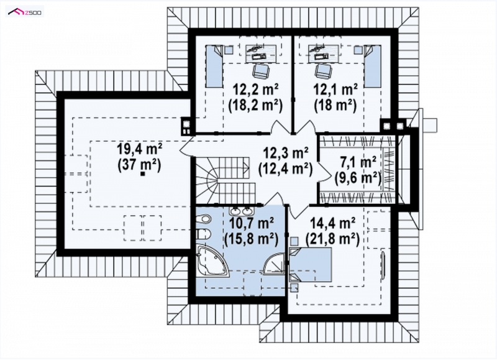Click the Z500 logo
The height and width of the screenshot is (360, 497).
point(24,12)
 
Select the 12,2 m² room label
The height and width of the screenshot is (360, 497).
point(255,90)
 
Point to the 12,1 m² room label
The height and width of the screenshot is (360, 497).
point(335,90)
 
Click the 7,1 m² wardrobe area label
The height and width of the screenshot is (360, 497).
point(358,162)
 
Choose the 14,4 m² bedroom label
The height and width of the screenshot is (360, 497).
point(332,223)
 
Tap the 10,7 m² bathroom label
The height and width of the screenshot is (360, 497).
point(252,223)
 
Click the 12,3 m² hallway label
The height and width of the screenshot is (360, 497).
point(286,153)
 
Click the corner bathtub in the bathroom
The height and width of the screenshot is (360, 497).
point(212,261)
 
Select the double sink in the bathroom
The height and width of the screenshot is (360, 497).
point(240,210)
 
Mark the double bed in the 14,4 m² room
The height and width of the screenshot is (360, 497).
point(311,265)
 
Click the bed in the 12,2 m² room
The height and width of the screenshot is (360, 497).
point(214,66)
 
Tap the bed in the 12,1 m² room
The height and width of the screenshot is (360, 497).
point(372,66)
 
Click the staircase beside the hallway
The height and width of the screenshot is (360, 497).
point(226,181)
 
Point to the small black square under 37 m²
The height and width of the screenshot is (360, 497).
point(143,173)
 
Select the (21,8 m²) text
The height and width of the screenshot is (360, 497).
point(332,239)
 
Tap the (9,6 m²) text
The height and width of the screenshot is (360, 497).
point(358,178)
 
